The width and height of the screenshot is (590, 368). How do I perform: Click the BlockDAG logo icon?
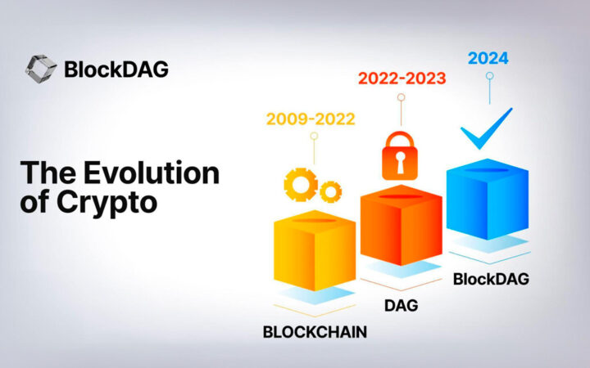(x=41, y=69)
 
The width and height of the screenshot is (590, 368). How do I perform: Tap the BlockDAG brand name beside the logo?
(x=116, y=69)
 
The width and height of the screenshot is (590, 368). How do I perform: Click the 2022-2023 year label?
(x=401, y=78)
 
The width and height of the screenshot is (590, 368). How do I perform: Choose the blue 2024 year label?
(x=488, y=58)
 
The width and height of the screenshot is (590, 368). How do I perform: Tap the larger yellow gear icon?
(x=299, y=184)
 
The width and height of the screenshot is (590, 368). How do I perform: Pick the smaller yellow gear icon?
(x=330, y=192)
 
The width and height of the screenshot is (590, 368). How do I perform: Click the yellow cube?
(x=314, y=253)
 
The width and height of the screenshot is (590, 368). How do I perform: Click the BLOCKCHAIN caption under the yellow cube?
(x=314, y=333)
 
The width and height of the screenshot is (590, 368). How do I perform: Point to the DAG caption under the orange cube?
(x=401, y=306)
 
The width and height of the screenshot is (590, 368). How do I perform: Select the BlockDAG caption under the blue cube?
(x=491, y=279)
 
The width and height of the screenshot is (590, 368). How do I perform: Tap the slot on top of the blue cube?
(x=488, y=170)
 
